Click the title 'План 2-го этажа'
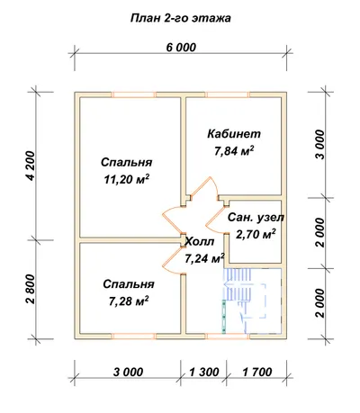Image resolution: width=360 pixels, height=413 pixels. (181, 19)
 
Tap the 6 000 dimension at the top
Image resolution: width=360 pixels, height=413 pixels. (181, 48)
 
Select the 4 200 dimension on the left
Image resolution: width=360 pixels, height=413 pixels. (31, 166)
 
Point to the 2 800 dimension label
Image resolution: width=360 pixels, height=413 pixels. (31, 289)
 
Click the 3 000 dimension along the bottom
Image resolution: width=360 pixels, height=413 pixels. (128, 372)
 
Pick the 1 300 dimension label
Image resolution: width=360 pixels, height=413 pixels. (204, 372)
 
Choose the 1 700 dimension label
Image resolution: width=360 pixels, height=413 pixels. (257, 372)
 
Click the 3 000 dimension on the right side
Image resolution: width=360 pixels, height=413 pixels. (320, 145)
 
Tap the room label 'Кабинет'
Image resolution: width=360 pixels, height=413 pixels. (234, 134)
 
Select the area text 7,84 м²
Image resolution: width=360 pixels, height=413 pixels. (234, 151)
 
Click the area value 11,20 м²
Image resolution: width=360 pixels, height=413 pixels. (127, 179)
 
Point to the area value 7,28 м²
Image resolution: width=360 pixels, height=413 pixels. (129, 301)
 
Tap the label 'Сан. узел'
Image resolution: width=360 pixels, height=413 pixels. (256, 218)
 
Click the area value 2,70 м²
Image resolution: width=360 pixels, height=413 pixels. (256, 234)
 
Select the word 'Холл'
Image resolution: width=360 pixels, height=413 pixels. (200, 241)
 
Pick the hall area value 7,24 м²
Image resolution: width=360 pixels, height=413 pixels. (205, 258)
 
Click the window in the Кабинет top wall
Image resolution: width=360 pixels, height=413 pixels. (229, 94)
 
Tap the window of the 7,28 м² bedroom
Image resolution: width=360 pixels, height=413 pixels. (133, 336)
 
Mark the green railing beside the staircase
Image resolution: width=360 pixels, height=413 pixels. (224, 316)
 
